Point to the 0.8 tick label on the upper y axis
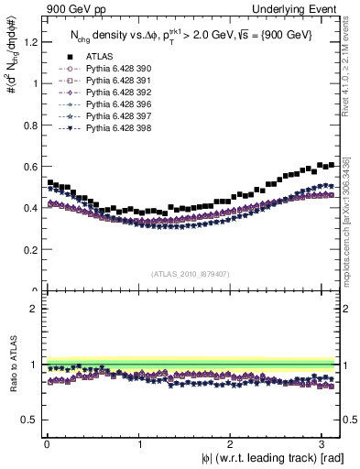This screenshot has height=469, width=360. pyautogui.click(x=28, y=125)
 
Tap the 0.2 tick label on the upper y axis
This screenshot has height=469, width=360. pyautogui.click(x=28, y=249)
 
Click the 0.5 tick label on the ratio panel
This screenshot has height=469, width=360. pyautogui.click(x=28, y=420)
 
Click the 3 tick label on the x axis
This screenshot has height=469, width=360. pyautogui.click(x=324, y=443)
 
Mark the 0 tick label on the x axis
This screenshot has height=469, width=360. pyautogui.click(x=46, y=443)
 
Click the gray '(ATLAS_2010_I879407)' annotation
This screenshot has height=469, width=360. pyautogui.click(x=191, y=272)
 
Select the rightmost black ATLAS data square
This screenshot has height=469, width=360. pyautogui.click(x=331, y=165)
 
